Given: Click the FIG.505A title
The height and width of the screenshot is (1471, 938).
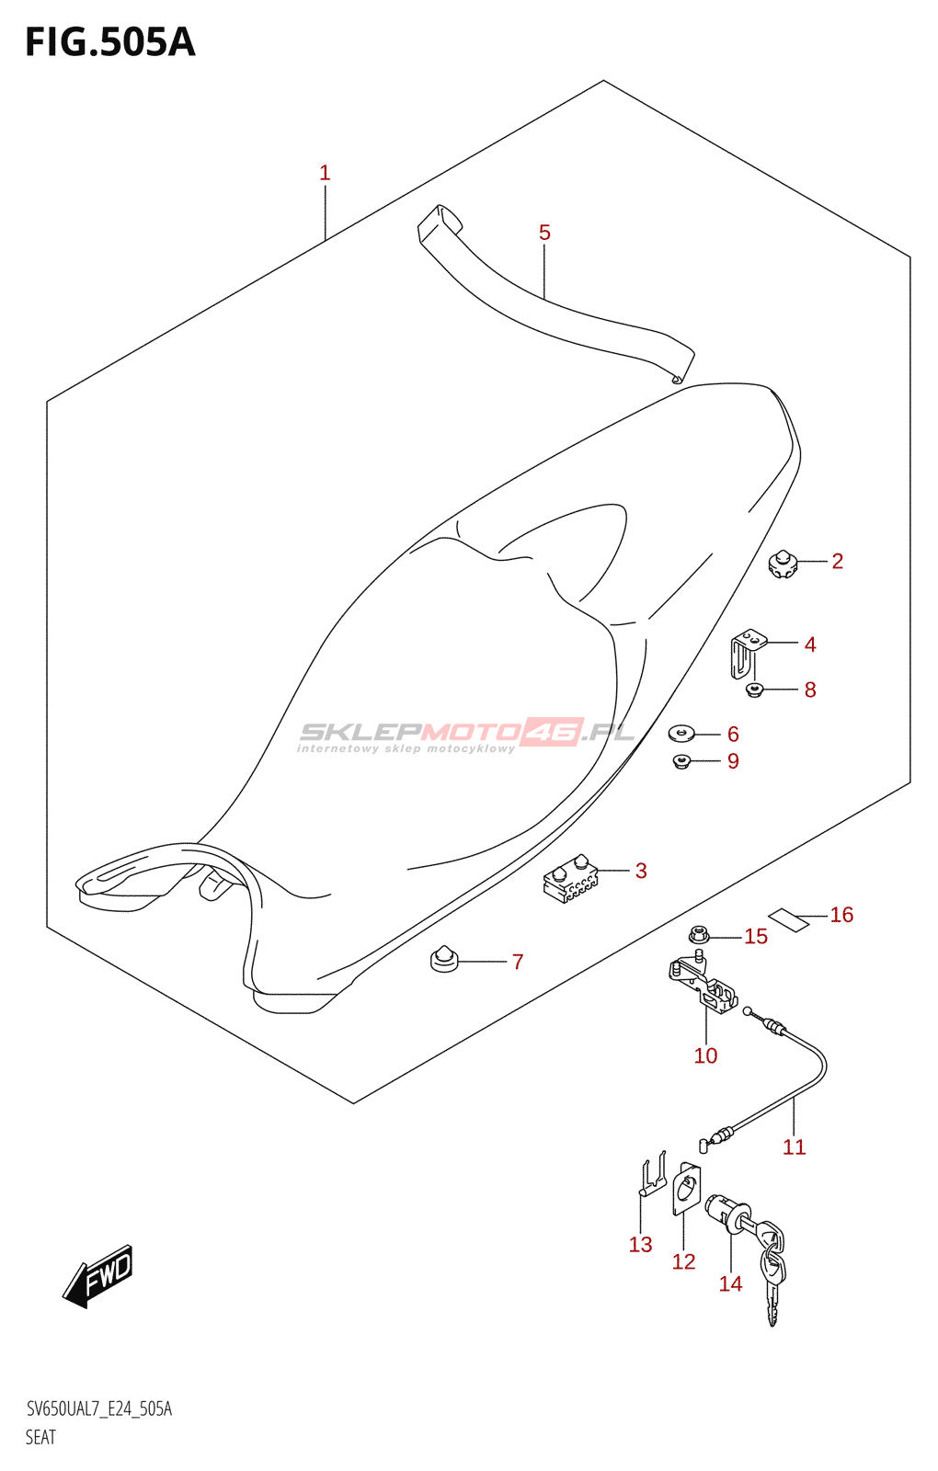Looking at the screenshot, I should click(110, 42).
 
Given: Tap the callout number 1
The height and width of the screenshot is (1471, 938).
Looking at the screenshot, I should click(325, 173).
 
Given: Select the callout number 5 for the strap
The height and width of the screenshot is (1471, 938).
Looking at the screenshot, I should click(544, 233).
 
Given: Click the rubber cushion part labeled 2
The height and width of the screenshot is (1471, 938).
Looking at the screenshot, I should click(783, 564).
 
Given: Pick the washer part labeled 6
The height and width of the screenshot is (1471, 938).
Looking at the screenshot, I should click(681, 733).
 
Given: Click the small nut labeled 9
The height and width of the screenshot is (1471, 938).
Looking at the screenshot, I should click(681, 760).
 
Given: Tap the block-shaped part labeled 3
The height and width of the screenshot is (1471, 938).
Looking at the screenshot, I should click(570, 881).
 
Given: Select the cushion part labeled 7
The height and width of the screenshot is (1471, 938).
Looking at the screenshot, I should click(444, 959).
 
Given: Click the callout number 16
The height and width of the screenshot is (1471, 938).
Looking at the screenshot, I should click(841, 915).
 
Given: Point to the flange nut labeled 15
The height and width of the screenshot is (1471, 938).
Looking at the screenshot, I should click(699, 936).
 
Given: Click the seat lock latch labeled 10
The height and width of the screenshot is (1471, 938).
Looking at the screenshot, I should click(703, 986).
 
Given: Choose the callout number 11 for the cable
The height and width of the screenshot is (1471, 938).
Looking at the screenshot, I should click(794, 1146).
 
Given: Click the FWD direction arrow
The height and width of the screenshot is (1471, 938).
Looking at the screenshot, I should click(99, 1275).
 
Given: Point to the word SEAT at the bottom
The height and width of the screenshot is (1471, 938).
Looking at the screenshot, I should click(41, 1437).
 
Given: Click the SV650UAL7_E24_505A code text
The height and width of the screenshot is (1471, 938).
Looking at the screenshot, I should click(99, 1409).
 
